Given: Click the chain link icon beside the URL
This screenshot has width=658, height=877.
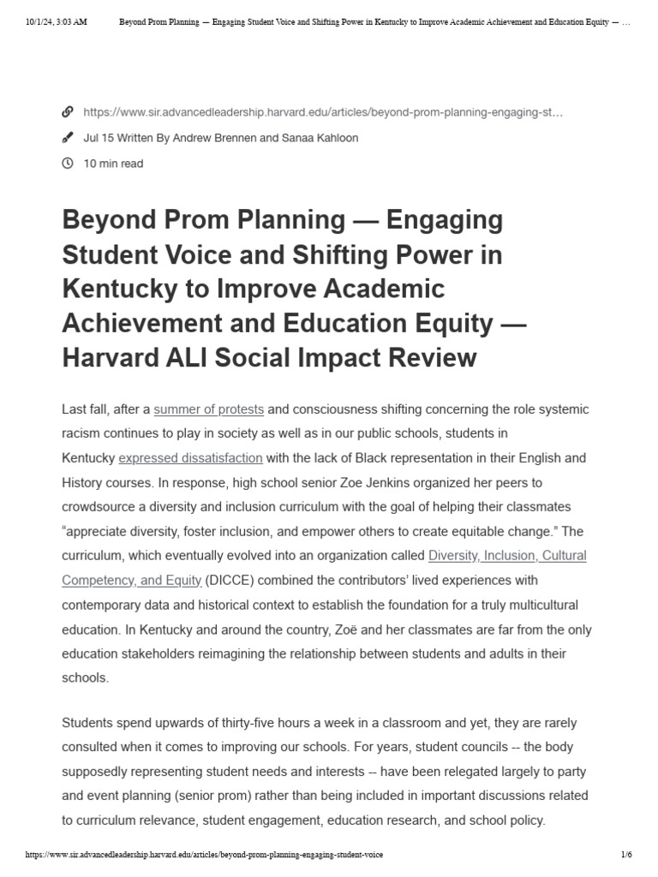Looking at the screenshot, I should (x=68, y=112).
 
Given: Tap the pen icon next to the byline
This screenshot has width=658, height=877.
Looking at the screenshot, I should (x=68, y=138).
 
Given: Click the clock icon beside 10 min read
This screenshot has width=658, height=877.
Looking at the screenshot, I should (x=68, y=164).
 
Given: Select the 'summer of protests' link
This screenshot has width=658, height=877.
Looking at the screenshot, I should (x=208, y=409).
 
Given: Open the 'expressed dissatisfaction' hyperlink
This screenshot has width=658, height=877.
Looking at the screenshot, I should (x=190, y=458).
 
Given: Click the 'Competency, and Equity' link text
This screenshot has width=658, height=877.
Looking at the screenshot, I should (x=132, y=580).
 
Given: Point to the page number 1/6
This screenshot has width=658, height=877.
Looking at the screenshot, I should (x=625, y=856).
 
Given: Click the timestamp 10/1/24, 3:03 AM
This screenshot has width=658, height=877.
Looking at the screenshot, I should (x=57, y=23).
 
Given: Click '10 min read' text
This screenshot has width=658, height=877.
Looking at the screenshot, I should (x=113, y=164).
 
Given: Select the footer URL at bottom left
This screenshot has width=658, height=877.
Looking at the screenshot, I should (x=205, y=856).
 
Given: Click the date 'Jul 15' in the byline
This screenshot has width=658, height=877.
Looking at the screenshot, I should (x=97, y=138).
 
